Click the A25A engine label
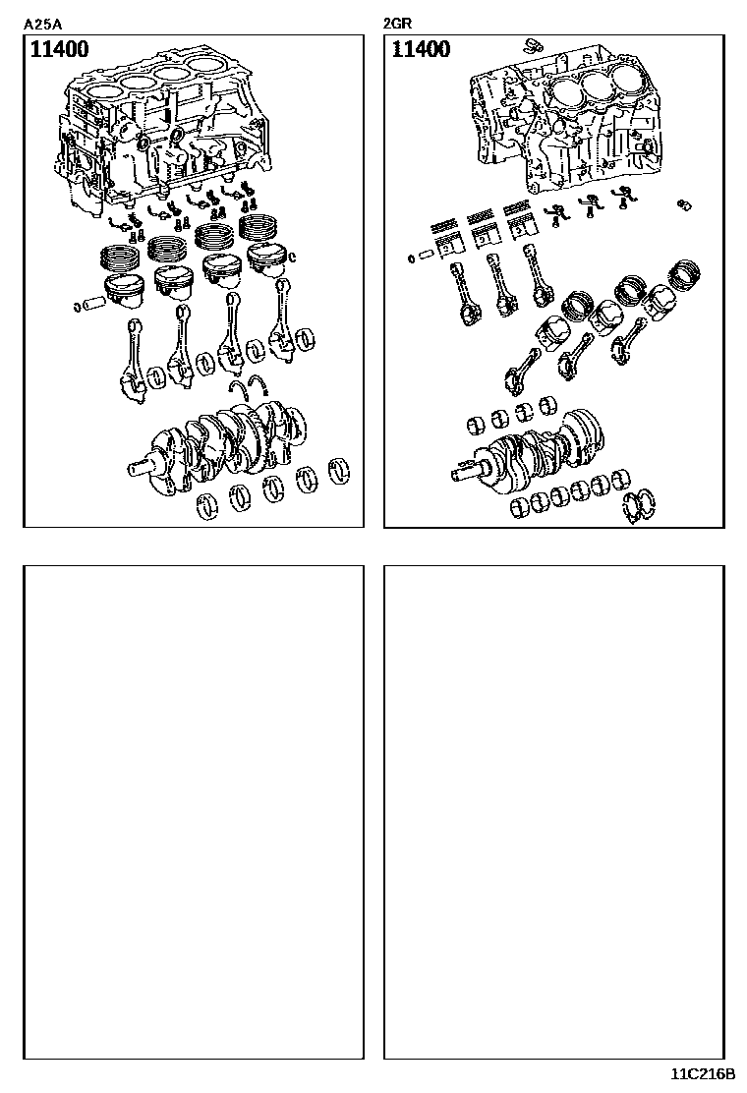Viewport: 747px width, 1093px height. click(x=42, y=25)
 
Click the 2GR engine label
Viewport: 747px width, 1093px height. click(x=398, y=24)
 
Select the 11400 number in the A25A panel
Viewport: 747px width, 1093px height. click(x=59, y=49)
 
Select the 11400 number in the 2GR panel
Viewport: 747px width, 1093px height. click(x=421, y=49)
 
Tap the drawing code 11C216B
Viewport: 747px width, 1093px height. click(x=703, y=1073)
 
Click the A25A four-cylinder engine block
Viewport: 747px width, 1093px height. click(x=161, y=133)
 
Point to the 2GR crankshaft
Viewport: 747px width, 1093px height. click(x=529, y=452)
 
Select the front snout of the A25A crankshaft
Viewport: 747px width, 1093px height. click(x=143, y=467)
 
